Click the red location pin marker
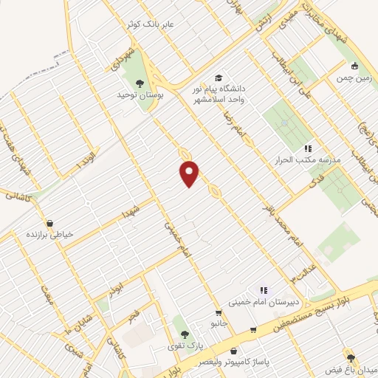coord(190,173)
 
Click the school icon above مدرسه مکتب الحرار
coord(307,148)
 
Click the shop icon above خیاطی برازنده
coord(49,221)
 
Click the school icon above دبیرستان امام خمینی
coord(263,290)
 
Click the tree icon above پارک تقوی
coord(185,334)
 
